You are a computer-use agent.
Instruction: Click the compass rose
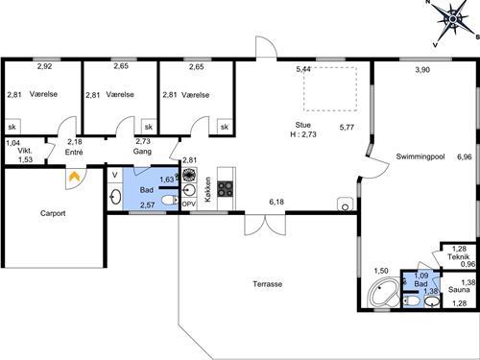coord(452,20)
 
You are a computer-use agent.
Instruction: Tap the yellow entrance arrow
coord(75,177)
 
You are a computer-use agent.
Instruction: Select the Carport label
coord(53,213)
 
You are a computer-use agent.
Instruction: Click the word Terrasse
coord(268,284)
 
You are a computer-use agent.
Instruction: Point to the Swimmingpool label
coord(420,156)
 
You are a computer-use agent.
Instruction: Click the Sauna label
coord(459,290)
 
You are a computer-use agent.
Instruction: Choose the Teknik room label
coord(458,256)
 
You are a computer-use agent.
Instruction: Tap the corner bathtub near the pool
coord(383,292)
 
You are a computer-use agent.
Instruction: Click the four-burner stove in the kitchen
coord(226,189)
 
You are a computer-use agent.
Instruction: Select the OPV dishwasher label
coord(189,204)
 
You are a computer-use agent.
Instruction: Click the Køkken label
coord(207,189)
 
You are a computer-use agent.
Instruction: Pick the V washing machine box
coord(115,175)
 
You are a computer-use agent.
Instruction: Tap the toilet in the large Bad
coord(170,201)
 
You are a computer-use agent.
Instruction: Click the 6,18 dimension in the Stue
coord(276,202)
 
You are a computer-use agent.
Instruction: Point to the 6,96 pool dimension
coord(465,156)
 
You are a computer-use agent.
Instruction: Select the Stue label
coord(302,125)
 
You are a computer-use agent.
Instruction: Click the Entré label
coord(74,152)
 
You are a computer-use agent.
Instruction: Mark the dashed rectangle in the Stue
coord(330,89)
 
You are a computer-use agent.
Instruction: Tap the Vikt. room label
coord(25,151)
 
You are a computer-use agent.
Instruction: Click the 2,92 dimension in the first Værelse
coord(44,66)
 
